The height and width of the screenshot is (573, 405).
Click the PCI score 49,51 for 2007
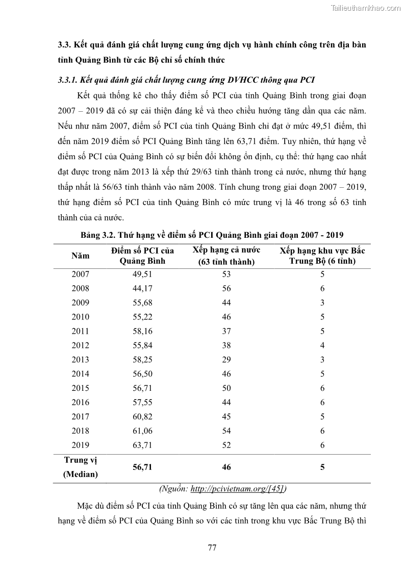coord(143,274)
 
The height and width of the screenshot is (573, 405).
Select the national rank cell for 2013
coord(226,360)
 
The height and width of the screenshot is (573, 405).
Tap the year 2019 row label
coord(80,445)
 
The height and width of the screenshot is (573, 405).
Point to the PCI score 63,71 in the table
coord(143,445)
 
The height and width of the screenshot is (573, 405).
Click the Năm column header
coord(80,255)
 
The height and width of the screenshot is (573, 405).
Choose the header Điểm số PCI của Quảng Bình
coord(143,256)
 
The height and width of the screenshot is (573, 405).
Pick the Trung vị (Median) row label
coord(80,467)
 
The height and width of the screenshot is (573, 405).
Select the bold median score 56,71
coord(143,467)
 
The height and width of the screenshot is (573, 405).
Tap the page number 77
coord(213,548)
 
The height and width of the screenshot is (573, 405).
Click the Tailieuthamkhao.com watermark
coord(366,8)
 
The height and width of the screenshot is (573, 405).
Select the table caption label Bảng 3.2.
coord(99,235)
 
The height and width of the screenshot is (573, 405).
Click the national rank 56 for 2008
coord(226,288)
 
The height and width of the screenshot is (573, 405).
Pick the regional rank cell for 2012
coord(322,345)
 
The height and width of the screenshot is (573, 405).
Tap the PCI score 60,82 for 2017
coord(143,417)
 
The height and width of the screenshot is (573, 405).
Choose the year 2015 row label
coord(80,388)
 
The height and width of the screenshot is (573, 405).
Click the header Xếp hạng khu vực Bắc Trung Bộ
coord(322,256)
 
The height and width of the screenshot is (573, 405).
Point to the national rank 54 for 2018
coord(226,431)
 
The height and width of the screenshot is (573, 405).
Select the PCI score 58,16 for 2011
coord(143,331)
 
